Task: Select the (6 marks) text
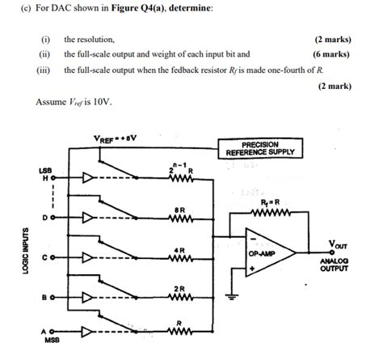(331, 54)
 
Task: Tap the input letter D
(46, 218)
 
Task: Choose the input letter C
(46, 258)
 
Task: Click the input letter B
(46, 299)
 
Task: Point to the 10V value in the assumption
(102, 102)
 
